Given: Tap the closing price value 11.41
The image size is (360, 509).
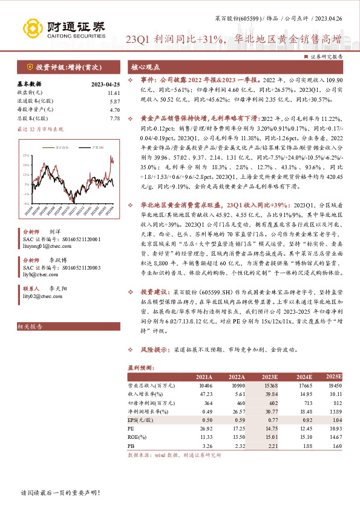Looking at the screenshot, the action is [113, 92].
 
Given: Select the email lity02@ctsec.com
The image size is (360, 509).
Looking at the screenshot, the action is [41, 297].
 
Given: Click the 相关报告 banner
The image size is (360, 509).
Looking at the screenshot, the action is [30, 327].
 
